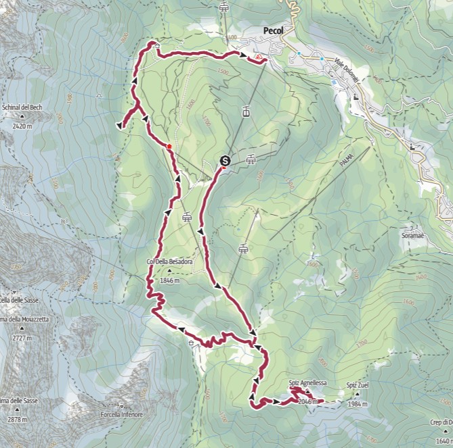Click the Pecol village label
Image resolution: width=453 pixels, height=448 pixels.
[x=277, y=30]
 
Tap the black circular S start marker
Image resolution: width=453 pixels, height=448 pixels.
[x=225, y=161]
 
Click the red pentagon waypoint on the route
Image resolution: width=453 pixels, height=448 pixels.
[x=169, y=146]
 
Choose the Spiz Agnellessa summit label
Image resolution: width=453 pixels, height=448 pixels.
[x=307, y=383]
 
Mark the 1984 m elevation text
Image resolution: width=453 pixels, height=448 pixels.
[x=357, y=404]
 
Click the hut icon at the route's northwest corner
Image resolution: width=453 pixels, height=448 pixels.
[x=156, y=47]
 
